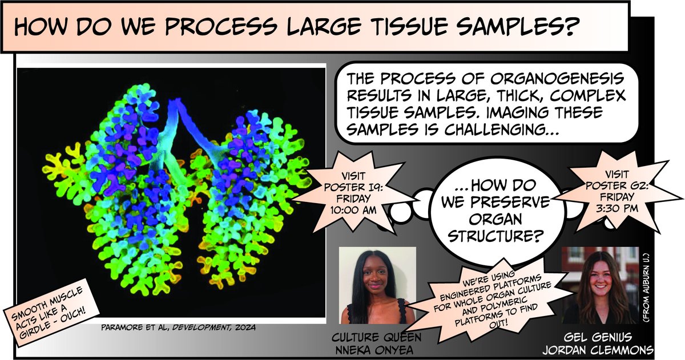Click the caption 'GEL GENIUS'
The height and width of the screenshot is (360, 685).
tap(599, 336)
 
